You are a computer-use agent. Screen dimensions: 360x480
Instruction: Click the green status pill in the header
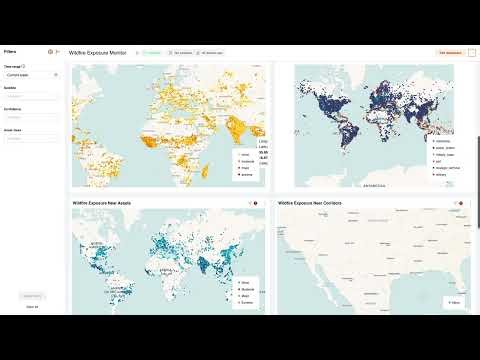pos(155,51)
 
